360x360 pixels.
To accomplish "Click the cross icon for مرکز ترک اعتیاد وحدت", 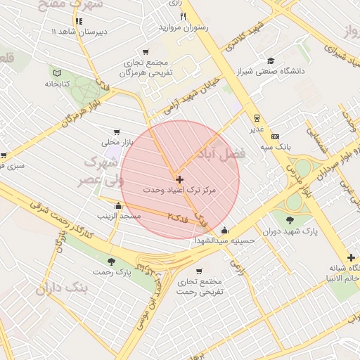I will [x=179, y=180].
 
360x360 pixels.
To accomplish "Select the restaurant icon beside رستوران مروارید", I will [x=183, y=15].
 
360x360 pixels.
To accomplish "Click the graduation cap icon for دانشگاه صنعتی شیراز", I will [x=271, y=60].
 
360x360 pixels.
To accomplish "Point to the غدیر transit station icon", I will [x=257, y=118].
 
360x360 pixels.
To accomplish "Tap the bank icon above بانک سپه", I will [x=275, y=136].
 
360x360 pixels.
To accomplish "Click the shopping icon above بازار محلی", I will [x=117, y=131].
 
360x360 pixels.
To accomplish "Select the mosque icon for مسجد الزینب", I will [x=117, y=206].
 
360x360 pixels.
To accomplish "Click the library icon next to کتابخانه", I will [x=58, y=72].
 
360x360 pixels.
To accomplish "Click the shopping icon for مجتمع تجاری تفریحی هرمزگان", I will [x=145, y=51].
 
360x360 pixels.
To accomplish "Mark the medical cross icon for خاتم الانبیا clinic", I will [x=351, y=257].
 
